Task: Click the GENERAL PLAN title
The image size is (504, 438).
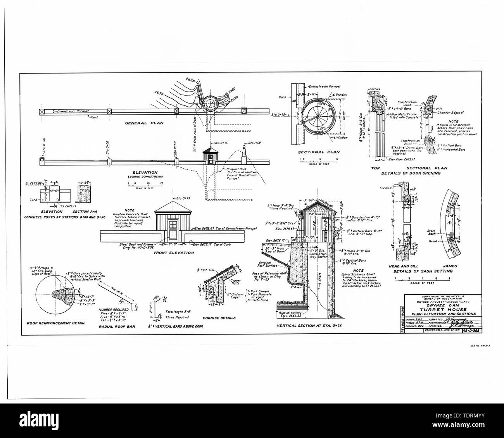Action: [x=144, y=123]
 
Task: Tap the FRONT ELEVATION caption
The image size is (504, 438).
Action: [x=173, y=253]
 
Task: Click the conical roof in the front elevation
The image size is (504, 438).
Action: [x=173, y=207]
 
